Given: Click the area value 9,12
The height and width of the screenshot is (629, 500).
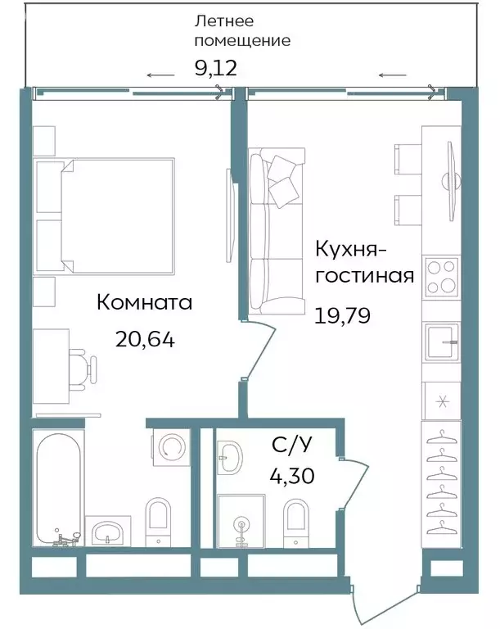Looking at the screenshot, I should (215, 67).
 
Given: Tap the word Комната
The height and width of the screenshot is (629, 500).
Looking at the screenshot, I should (144, 302).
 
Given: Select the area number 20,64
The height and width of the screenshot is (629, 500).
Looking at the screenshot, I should (146, 339).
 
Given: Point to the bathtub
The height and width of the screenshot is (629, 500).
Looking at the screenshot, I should (58, 486).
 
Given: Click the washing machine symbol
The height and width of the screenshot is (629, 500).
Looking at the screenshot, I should (172, 447).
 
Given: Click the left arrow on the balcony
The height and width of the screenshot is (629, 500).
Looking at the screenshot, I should (160, 76).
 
